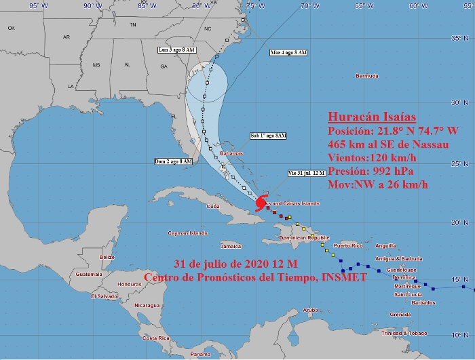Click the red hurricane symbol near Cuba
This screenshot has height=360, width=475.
[x=261, y=203]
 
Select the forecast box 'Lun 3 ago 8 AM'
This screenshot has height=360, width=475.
[x=177, y=50]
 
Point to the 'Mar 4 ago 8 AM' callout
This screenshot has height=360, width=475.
[x=288, y=52]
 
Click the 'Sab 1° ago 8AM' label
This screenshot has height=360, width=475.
[x=268, y=136]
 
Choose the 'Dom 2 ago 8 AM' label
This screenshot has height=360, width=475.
[x=173, y=161]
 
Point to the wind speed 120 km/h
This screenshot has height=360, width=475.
[x=398, y=157]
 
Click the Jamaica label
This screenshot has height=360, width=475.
[x=231, y=246]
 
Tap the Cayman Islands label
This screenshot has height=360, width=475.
[x=188, y=233]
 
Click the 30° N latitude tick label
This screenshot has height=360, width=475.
[x=461, y=102]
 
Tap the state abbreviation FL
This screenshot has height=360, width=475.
[x=174, y=116]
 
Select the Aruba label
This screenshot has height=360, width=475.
[x=310, y=310]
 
